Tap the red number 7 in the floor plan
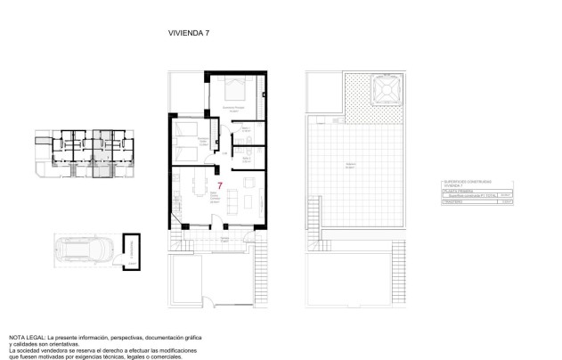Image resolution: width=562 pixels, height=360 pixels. point(219,187)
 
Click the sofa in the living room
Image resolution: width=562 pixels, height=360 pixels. point(233,202)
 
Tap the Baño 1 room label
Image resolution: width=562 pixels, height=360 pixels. point(247,128)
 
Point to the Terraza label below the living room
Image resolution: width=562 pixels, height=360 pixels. point(225,239)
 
